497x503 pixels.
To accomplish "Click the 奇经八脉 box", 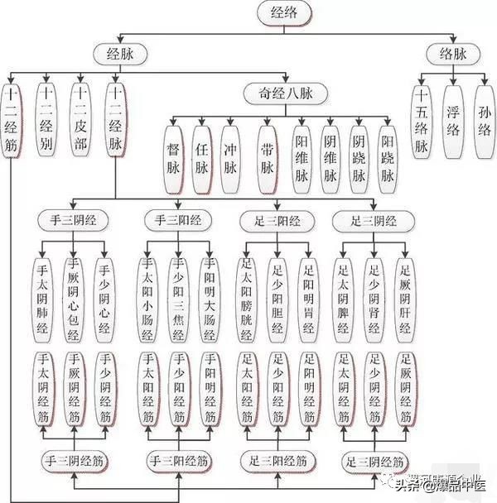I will tap(284, 93).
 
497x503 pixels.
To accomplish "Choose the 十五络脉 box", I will tap(422, 120).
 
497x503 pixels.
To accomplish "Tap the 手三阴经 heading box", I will tap(73, 221).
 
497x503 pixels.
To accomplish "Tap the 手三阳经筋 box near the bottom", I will tap(177, 460).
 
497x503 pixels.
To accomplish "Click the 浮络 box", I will tap(454, 120).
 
